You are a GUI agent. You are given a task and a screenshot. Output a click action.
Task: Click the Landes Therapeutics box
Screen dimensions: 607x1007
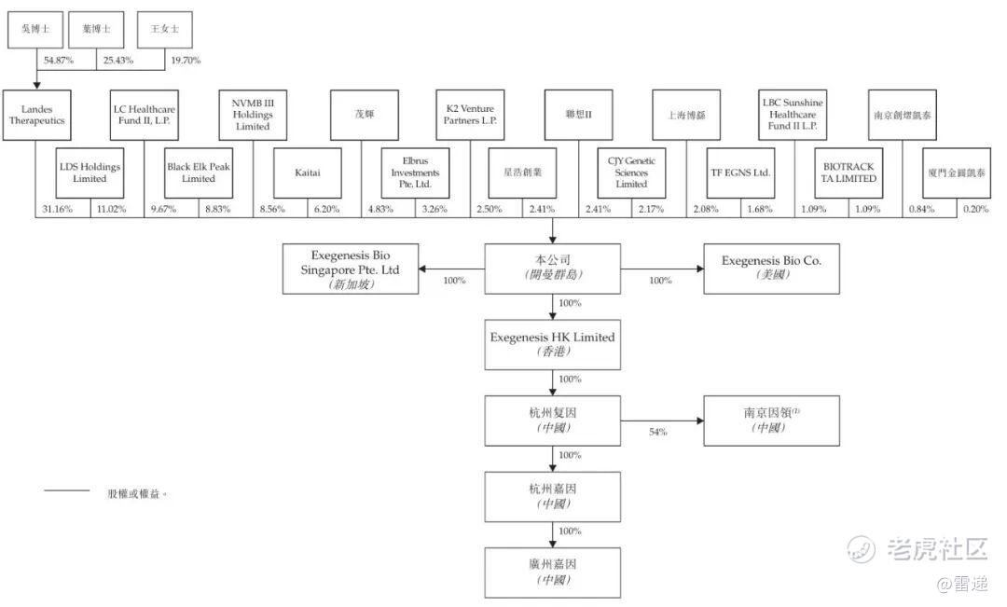36,115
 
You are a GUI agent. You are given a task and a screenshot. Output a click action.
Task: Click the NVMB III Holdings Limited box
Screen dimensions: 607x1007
252,115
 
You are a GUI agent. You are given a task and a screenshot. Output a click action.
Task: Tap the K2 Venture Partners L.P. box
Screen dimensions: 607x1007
470,115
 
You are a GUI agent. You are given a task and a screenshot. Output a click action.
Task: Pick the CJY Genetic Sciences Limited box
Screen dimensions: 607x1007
631,172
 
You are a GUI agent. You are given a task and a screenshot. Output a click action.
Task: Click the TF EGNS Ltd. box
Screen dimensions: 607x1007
740,172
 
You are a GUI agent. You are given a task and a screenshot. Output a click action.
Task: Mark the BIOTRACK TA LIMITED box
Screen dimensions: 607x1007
848,172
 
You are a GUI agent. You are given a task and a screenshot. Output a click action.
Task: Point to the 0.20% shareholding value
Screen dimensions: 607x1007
975,208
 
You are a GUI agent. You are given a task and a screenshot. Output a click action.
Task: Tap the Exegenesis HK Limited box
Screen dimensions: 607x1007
552,344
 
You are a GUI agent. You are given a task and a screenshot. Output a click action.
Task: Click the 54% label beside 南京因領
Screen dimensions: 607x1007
658,433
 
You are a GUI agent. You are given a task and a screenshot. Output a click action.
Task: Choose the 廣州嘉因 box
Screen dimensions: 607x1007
552,572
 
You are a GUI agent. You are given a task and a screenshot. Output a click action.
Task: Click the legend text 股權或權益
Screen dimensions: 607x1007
138,493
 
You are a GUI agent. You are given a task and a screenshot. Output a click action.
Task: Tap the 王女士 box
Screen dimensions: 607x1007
164,30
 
